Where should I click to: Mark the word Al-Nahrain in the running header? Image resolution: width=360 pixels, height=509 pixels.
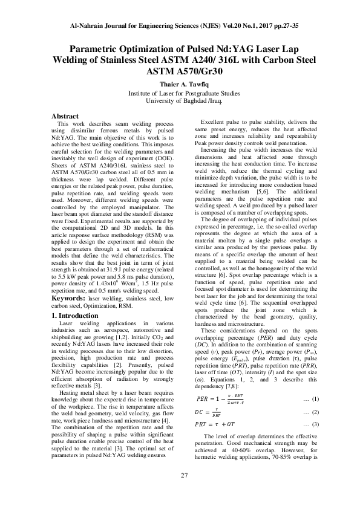click(x=88, y=27)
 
